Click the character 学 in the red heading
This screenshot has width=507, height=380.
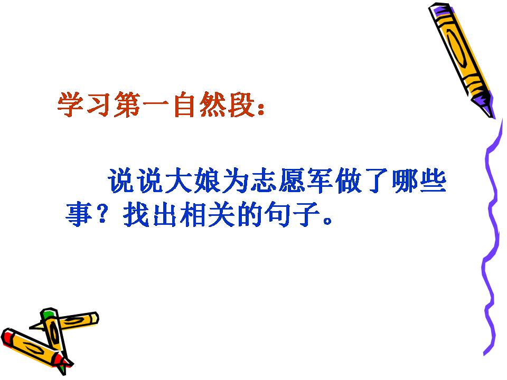click(71, 106)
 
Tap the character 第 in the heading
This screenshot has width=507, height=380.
click(127, 106)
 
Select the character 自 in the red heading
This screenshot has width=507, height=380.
click(182, 106)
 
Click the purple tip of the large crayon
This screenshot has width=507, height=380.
click(485, 108)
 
